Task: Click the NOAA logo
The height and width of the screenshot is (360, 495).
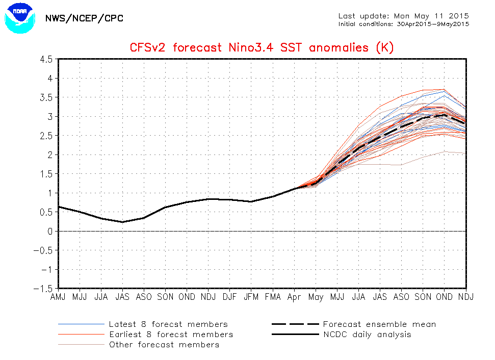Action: click(x=20, y=18)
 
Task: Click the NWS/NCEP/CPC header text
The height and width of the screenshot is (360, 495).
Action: click(x=84, y=18)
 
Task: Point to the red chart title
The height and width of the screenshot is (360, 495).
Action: click(x=262, y=48)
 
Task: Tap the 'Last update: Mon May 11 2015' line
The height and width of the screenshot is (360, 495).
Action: click(x=403, y=16)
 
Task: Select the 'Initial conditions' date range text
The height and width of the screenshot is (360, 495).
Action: click(x=403, y=24)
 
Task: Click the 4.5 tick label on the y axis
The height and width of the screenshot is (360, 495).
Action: click(x=46, y=59)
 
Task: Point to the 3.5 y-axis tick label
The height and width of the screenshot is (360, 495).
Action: click(x=46, y=97)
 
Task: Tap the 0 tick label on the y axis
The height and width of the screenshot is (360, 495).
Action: click(x=50, y=232)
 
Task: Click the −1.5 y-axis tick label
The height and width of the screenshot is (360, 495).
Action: click(x=43, y=289)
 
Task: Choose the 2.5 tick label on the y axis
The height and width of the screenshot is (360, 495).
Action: click(x=46, y=136)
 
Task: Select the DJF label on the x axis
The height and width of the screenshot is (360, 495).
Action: click(x=229, y=297)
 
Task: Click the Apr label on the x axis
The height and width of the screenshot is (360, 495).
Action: click(x=294, y=297)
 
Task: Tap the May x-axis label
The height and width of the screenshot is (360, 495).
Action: click(x=316, y=297)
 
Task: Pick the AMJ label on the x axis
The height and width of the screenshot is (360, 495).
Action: click(x=58, y=297)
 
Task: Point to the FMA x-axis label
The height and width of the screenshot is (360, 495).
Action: click(x=273, y=297)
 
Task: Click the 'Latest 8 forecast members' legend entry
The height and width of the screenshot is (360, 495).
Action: click(x=143, y=324)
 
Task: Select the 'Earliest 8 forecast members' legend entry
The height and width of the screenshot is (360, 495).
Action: click(x=145, y=335)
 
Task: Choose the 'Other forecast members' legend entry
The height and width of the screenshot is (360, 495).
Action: click(x=139, y=345)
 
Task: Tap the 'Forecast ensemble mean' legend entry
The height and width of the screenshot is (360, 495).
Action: click(x=354, y=324)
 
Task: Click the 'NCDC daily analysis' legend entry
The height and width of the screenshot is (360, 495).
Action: click(x=342, y=335)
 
